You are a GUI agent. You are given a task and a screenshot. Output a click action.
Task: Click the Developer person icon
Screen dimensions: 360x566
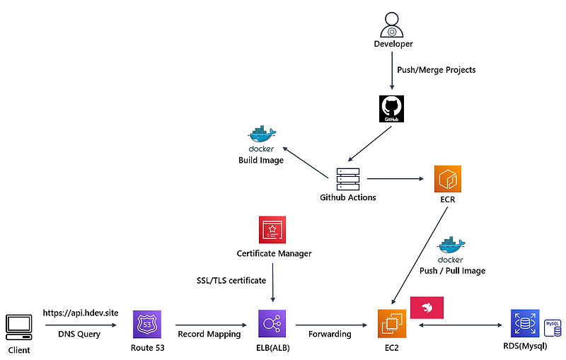[393, 25]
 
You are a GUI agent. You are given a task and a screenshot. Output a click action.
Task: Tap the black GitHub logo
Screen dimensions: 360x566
[392, 110]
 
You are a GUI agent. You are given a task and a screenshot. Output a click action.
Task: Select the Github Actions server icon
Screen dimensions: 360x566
[347, 177]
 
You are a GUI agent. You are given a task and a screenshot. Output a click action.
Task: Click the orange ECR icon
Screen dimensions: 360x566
[448, 178]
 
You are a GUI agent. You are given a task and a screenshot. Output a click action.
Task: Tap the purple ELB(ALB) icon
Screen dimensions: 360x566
[272, 325]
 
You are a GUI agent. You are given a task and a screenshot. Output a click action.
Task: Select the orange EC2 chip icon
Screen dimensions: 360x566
[392, 324]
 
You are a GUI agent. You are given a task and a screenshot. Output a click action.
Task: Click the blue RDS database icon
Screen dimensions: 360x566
[524, 325]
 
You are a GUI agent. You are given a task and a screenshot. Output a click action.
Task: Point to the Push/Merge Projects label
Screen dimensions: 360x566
[437, 70]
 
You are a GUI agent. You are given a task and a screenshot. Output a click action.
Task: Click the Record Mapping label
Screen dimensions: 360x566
[209, 334]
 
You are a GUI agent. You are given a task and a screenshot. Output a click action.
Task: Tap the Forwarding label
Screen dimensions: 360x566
[330, 334]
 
